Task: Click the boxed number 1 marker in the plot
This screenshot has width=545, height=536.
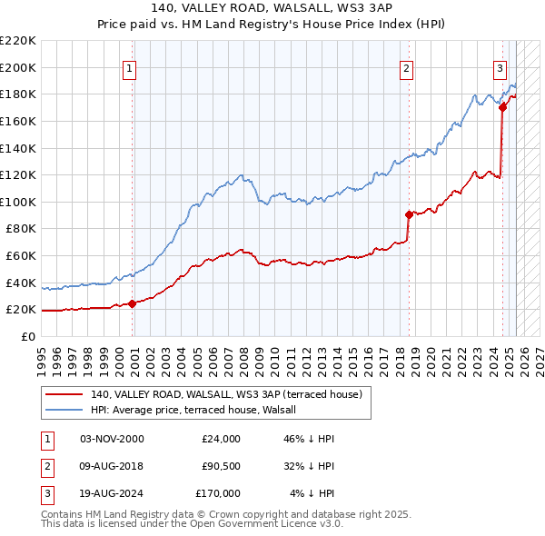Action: pyautogui.click(x=129, y=67)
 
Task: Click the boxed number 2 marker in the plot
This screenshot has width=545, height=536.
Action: pyautogui.click(x=407, y=67)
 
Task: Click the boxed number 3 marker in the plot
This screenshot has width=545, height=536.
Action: pyautogui.click(x=500, y=67)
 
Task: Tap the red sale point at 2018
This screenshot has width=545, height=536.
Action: pyautogui.click(x=409, y=214)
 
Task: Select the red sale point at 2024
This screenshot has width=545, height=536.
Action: pyautogui.click(x=502, y=107)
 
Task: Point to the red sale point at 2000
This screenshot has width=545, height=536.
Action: pyautogui.click(x=133, y=303)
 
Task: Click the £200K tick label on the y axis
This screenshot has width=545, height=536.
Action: pyautogui.click(x=18, y=67)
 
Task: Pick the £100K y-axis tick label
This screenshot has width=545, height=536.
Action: pyautogui.click(x=18, y=202)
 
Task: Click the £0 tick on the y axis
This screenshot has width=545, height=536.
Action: pyautogui.click(x=27, y=336)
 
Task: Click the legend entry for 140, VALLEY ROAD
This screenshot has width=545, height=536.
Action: pyautogui.click(x=226, y=394)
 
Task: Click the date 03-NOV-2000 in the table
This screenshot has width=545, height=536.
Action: pyautogui.click(x=112, y=439)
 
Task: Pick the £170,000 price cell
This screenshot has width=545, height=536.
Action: pyautogui.click(x=218, y=493)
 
